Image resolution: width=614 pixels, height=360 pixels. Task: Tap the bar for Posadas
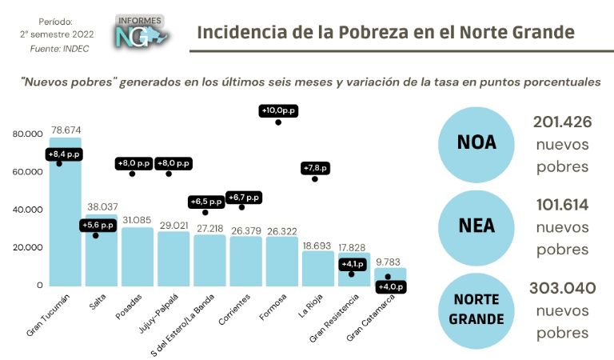(x=138, y=256)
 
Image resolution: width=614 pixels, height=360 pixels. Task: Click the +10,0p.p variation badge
(x=278, y=110)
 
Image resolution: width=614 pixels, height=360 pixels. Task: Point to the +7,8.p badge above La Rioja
(x=314, y=167)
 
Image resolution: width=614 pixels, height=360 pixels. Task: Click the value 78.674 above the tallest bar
(x=66, y=129)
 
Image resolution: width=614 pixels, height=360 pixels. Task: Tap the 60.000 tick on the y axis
(x=27, y=172)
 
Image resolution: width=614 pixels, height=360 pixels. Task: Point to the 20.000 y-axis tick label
(x=27, y=247)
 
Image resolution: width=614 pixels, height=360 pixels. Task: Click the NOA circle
(x=476, y=142)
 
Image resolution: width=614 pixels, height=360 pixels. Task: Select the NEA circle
(x=476, y=226)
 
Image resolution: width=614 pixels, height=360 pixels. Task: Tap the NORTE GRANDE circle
(x=476, y=309)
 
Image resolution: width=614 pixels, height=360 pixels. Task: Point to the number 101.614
(x=561, y=205)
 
